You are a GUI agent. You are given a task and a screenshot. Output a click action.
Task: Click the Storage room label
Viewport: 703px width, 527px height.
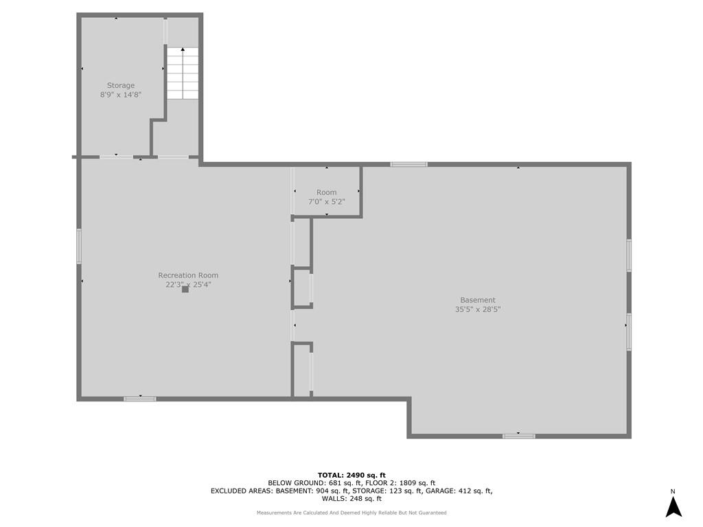click(121, 85)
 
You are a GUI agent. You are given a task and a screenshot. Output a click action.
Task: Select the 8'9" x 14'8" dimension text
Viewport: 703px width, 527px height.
click(121, 95)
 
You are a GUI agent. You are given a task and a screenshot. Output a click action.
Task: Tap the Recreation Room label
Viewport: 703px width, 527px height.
click(188, 275)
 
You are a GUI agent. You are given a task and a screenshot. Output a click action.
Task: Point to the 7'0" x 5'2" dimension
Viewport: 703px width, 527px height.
click(326, 202)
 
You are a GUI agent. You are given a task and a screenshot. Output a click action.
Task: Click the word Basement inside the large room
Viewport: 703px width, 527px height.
click(478, 300)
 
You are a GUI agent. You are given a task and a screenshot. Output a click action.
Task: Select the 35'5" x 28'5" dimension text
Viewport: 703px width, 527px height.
click(478, 309)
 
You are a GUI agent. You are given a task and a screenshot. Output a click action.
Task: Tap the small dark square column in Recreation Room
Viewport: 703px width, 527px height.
click(185, 289)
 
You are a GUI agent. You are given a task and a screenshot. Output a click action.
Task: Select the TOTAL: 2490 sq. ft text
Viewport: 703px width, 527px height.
click(351, 475)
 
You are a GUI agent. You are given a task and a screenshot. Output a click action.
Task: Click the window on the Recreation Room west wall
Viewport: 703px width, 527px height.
click(79, 246)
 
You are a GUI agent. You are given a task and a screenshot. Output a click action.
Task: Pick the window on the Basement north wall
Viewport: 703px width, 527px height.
click(408, 165)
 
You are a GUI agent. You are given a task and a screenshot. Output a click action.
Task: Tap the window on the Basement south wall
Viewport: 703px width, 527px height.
click(519, 436)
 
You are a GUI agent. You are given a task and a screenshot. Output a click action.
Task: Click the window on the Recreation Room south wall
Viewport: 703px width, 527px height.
click(140, 399)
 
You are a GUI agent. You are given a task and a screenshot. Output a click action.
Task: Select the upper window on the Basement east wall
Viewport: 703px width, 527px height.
click(629, 255)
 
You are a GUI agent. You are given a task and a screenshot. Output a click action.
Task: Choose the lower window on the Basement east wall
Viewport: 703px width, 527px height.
click(629, 331)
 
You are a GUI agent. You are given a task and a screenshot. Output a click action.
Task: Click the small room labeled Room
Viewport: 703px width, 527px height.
click(326, 192)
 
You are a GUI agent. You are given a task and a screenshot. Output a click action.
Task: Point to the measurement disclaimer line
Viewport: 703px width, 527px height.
click(351, 513)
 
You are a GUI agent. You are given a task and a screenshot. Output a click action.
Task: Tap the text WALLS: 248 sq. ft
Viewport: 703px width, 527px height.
click(351, 498)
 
